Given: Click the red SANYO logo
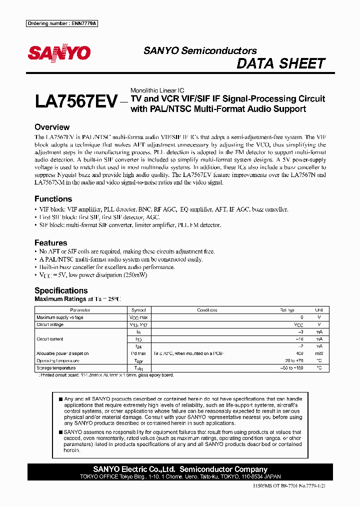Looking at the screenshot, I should (59, 53).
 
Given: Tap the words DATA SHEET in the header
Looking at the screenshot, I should (280, 64).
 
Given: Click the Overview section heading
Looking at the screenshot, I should (52, 127).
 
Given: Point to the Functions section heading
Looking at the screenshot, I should (53, 199).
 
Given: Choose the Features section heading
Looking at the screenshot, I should (51, 243).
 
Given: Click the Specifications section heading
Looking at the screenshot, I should (61, 290).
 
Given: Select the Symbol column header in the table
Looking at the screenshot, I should (138, 310).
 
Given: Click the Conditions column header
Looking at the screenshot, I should (207, 310).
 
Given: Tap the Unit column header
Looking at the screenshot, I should (319, 310).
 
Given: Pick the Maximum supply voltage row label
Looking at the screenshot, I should (60, 317).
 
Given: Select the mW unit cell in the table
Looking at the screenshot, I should (319, 353).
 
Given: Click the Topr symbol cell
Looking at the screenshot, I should (138, 360).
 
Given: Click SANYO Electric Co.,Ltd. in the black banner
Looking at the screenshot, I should (134, 469).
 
